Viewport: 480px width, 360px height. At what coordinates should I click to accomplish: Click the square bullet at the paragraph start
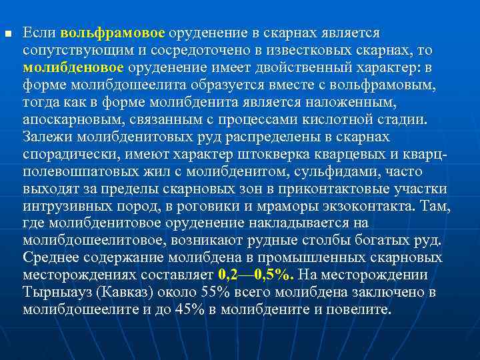point(7,33)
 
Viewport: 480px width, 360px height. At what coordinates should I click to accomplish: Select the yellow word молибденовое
point(73,67)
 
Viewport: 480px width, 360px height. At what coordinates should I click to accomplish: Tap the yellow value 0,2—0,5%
point(247,275)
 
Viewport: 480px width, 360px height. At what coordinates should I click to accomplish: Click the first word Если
point(39,33)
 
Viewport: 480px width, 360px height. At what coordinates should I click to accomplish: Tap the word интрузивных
point(62,205)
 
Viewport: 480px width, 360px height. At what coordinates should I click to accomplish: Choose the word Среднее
point(48,257)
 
